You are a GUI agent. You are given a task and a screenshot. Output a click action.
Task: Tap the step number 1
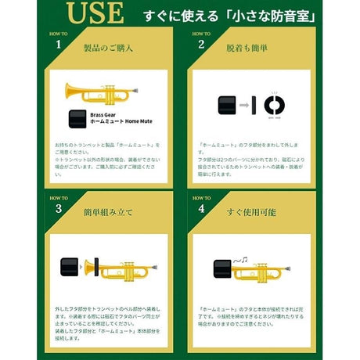pyautogui.click(x=58, y=45)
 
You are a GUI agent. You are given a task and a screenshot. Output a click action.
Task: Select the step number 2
pyautogui.click(x=201, y=45)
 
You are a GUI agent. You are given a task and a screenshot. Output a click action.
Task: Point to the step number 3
pyautogui.click(x=58, y=209)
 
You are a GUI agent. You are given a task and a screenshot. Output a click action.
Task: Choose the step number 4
pyautogui.click(x=201, y=209)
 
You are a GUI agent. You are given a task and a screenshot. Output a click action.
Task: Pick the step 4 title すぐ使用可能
pyautogui.click(x=250, y=211)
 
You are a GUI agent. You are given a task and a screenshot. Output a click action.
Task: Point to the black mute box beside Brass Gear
pyautogui.click(x=77, y=119)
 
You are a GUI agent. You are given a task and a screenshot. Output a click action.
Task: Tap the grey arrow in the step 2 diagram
pyautogui.click(x=244, y=104)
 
